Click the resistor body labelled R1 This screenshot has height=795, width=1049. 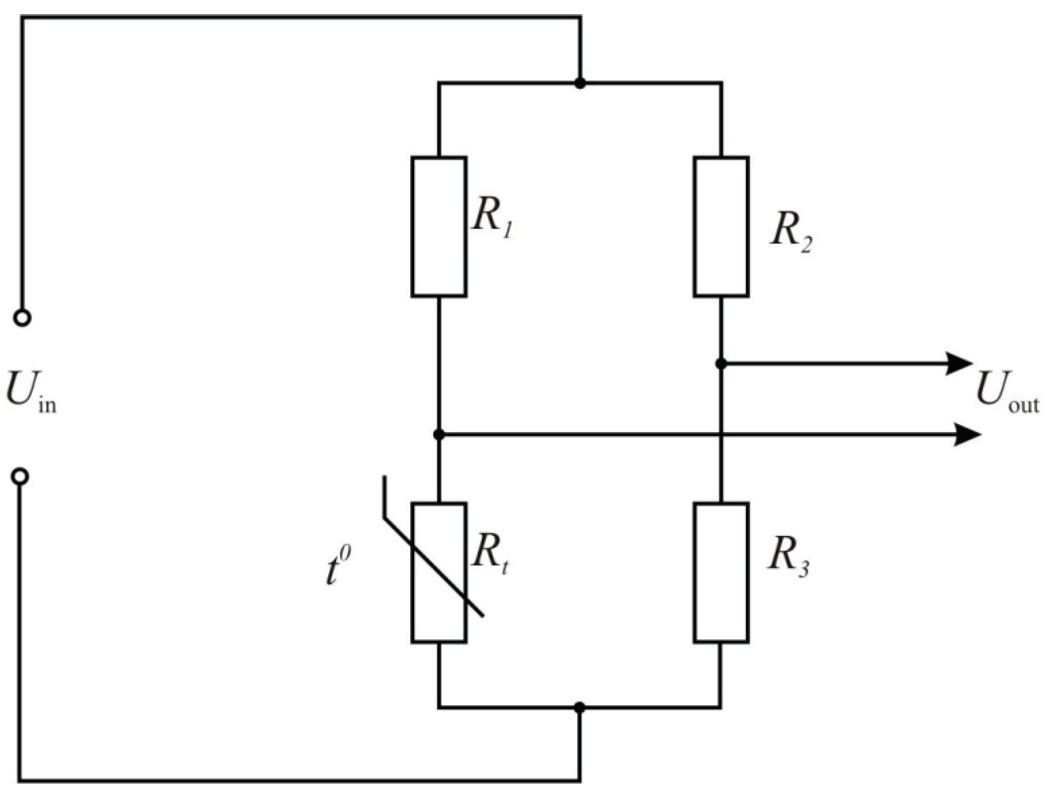tap(438, 227)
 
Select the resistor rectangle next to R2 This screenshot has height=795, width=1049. tap(721, 227)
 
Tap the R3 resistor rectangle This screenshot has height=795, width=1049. tap(721, 572)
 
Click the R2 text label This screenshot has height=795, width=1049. tap(790, 233)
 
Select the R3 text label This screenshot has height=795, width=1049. tap(788, 556)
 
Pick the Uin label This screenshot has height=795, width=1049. tap(31, 391)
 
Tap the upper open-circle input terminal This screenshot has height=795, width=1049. tap(22, 317)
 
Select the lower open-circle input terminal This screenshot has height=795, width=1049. tap(21, 476)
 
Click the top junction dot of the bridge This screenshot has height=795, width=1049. tap(580, 83)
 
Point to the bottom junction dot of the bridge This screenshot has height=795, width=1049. tap(580, 708)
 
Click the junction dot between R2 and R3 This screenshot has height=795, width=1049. tap(721, 364)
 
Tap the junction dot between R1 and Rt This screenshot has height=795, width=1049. tap(438, 435)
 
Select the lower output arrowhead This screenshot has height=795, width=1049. tap(968, 435)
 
